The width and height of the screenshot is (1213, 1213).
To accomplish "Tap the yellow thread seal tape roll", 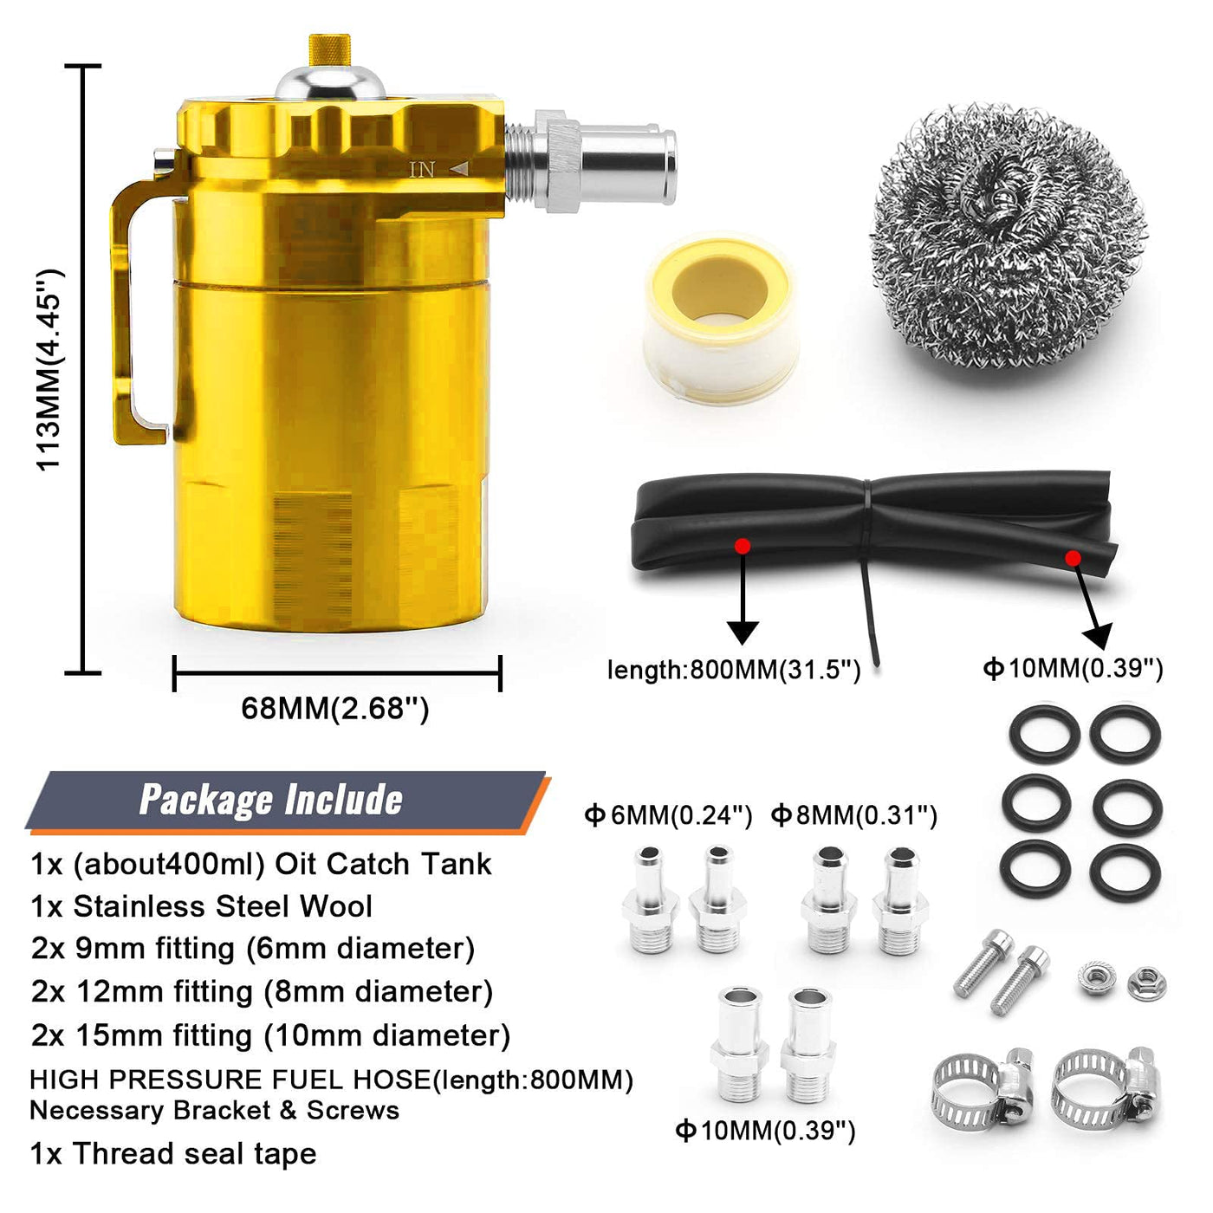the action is pos(721,319).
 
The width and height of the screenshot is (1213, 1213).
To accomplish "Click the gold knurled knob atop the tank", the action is pos(329,49).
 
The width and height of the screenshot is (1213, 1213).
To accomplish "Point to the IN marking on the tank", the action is pos(422,169).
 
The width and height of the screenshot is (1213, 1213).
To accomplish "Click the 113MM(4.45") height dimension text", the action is pos(49,369).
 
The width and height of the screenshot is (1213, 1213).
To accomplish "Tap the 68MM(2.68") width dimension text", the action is pos(335,709).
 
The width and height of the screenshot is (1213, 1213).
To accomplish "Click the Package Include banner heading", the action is pos(271,800).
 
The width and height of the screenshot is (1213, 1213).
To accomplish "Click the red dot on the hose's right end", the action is pos(1074,558).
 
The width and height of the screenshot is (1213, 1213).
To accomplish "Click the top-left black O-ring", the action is pos(1044,734).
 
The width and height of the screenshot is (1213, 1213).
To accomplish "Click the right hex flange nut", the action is pos(1146,983).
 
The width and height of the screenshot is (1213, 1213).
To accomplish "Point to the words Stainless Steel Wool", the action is pos(223,906).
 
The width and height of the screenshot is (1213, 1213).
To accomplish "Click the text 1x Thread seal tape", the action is pos(173,1154).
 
